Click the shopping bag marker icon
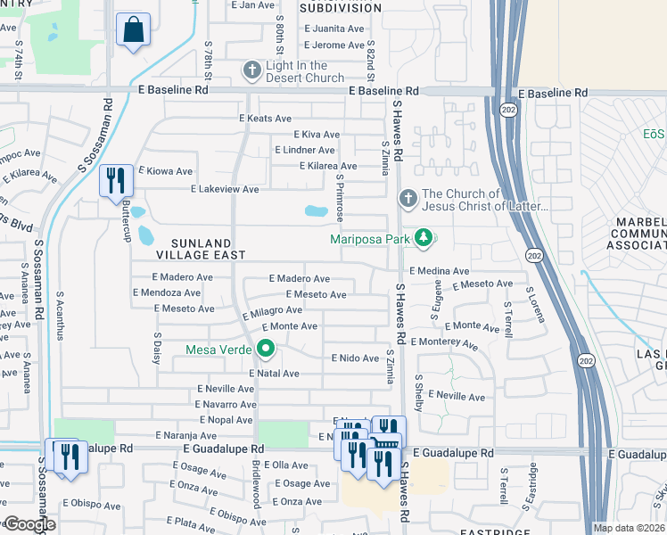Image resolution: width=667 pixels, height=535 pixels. click(133, 29)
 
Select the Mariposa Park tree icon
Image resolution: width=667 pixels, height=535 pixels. click(425, 238)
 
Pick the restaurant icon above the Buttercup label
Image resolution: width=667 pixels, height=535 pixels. click(116, 181)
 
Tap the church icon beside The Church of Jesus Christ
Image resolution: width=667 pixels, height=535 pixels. click(408, 198)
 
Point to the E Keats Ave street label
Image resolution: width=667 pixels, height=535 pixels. click(265, 119)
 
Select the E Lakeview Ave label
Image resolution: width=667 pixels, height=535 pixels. click(226, 190)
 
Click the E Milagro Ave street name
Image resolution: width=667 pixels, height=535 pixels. click(272, 310)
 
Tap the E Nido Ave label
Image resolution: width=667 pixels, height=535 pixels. click(355, 358)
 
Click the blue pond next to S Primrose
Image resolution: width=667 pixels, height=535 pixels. click(315, 212)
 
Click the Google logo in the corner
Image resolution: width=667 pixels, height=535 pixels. click(29, 524)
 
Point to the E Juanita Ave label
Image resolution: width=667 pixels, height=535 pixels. click(333, 29)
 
